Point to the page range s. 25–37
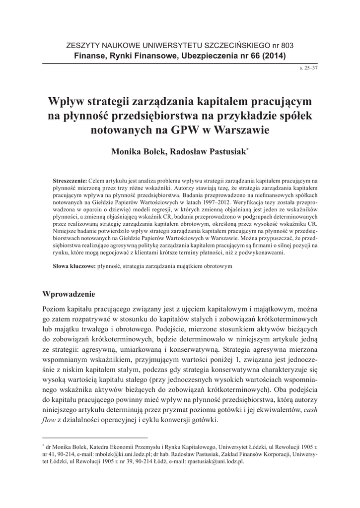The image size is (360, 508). (308, 67)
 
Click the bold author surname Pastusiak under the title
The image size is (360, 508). (224, 151)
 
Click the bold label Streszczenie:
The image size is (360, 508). (70, 177)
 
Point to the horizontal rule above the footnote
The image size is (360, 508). (95, 438)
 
